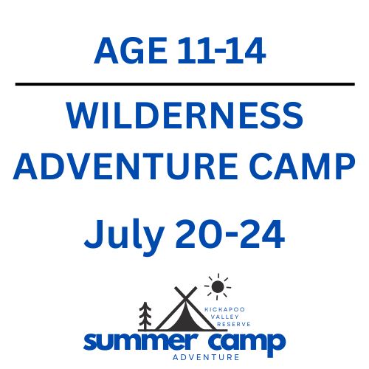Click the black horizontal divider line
184,84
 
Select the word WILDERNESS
184,118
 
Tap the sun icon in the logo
217,285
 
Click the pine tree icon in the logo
145,315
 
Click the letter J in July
94,235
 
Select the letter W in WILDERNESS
82,118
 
